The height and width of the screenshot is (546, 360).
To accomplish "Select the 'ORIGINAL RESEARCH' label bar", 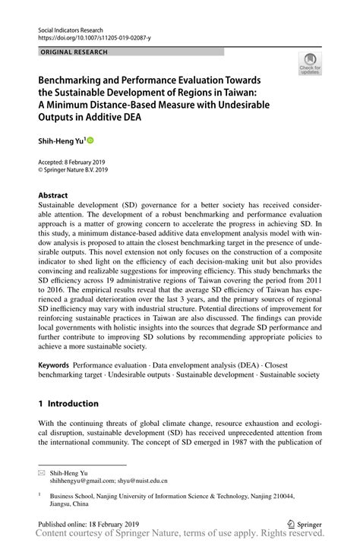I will pos(131,52).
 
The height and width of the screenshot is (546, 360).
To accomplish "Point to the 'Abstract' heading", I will pos(54,194).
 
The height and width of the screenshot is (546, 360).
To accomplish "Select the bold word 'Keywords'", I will pos(54,365).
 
